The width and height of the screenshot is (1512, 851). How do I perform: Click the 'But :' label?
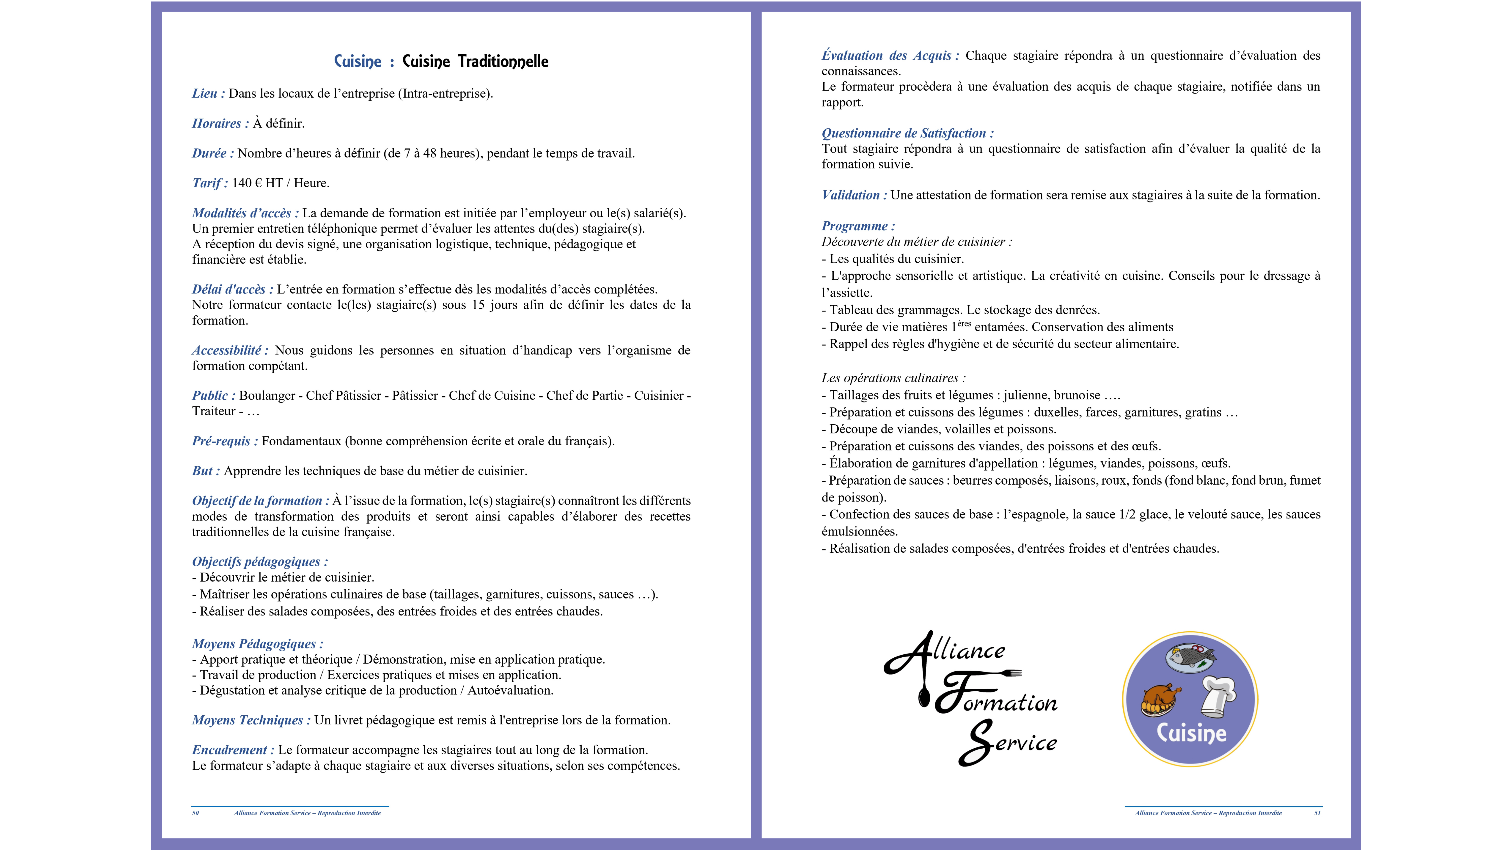pyautogui.click(x=205, y=471)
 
